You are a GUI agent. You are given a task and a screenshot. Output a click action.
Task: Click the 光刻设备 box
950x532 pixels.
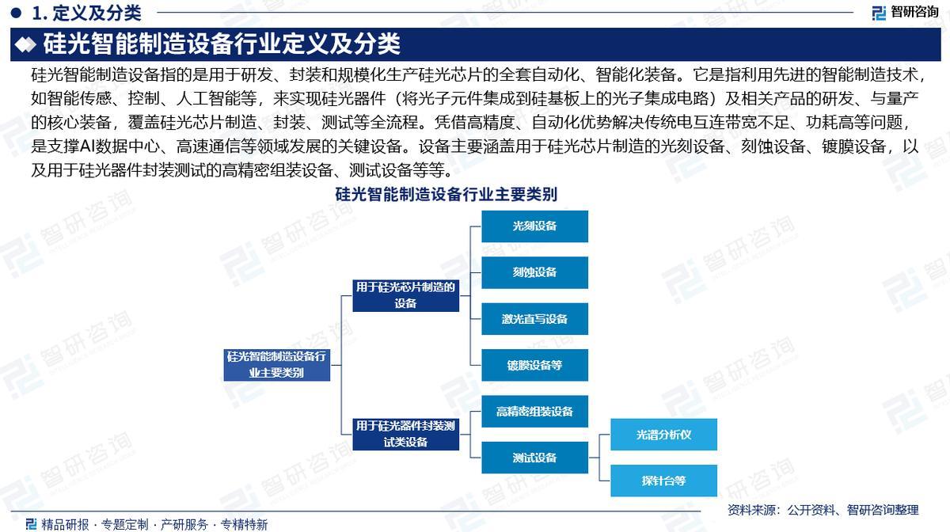click(x=534, y=226)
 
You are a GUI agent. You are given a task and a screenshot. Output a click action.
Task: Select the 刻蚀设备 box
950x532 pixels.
click(x=534, y=272)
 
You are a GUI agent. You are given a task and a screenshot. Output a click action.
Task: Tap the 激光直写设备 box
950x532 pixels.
click(x=534, y=319)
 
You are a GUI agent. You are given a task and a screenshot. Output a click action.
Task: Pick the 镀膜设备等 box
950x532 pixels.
click(x=534, y=365)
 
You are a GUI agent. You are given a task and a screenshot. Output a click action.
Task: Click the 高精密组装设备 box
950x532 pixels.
click(x=534, y=412)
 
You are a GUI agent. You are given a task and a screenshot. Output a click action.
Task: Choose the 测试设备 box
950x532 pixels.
click(x=534, y=458)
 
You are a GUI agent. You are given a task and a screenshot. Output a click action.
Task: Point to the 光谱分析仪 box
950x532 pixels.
click(x=663, y=435)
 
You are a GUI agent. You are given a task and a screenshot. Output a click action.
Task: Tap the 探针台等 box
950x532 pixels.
click(x=663, y=481)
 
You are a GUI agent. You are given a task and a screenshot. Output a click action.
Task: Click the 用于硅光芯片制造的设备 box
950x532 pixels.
click(x=405, y=294)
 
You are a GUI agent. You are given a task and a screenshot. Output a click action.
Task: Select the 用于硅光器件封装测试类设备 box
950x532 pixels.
click(x=405, y=434)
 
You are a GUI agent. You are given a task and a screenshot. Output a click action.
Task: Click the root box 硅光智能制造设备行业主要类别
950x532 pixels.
click(x=276, y=364)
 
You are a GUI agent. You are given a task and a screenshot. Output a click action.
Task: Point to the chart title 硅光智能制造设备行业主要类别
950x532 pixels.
click(x=446, y=194)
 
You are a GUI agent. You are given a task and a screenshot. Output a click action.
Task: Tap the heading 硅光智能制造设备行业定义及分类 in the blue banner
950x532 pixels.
click(x=222, y=44)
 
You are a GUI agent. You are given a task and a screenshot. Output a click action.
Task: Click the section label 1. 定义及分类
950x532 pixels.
click(x=87, y=12)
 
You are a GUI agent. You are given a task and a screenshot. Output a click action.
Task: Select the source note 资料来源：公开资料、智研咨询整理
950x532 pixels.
click(x=823, y=509)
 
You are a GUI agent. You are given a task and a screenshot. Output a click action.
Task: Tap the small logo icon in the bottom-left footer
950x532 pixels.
click(x=31, y=523)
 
